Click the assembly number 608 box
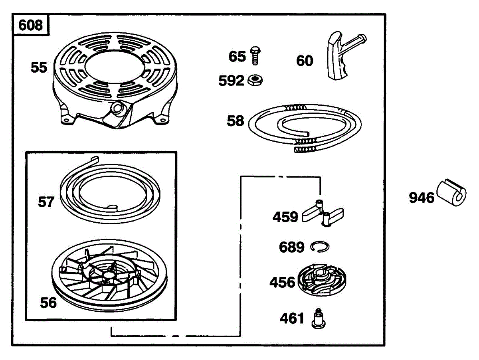point(31,25)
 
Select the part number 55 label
point(39,67)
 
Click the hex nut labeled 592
point(255,80)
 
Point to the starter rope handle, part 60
point(337,58)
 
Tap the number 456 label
point(282,282)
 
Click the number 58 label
point(235,121)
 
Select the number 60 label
point(305,61)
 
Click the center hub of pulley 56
point(107,275)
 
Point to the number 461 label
point(292,319)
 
